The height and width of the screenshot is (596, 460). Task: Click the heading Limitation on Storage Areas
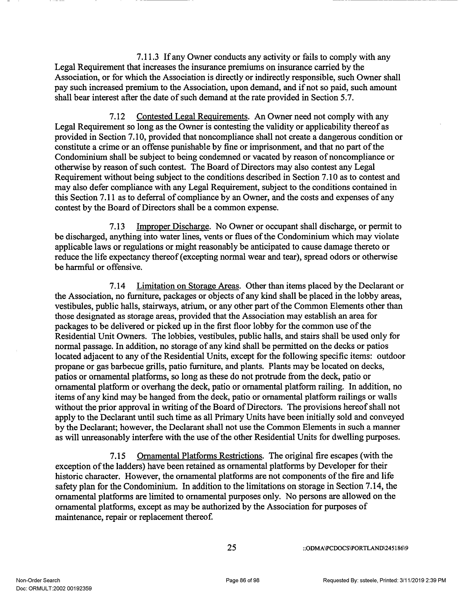point(188,286)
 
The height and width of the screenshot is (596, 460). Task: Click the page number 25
point(232,547)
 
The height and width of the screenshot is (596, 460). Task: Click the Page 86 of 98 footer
point(242,580)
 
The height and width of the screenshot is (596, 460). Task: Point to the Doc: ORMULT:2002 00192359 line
point(54,589)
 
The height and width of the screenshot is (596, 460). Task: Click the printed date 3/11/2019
point(412,580)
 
